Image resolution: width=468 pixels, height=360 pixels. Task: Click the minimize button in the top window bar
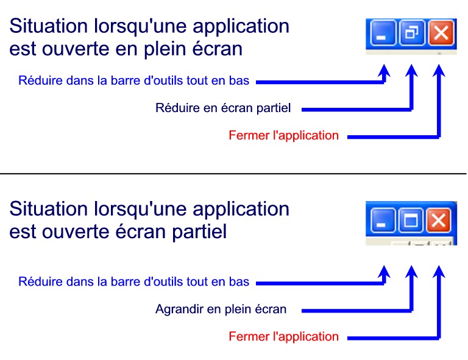(x=383, y=32)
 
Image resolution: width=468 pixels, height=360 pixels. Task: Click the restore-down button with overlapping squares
(x=412, y=32)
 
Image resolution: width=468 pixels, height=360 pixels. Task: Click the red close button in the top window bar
(x=441, y=32)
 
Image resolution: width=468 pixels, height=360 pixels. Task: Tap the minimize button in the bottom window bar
(x=383, y=220)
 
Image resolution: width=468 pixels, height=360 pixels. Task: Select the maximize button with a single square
(x=410, y=220)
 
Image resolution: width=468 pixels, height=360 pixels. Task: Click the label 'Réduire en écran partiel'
(x=223, y=108)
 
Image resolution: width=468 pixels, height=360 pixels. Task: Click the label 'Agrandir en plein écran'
(x=221, y=309)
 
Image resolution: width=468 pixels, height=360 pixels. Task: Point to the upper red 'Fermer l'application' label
(x=283, y=135)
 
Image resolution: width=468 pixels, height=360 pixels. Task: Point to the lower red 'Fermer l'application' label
(x=283, y=336)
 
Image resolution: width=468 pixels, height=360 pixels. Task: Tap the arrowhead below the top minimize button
(x=385, y=71)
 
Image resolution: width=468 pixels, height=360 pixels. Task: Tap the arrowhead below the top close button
(x=439, y=71)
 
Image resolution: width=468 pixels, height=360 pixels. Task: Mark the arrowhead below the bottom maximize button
(x=411, y=272)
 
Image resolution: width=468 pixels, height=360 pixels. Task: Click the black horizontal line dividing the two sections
(x=233, y=173)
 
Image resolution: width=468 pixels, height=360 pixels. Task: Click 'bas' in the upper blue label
(x=239, y=80)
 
